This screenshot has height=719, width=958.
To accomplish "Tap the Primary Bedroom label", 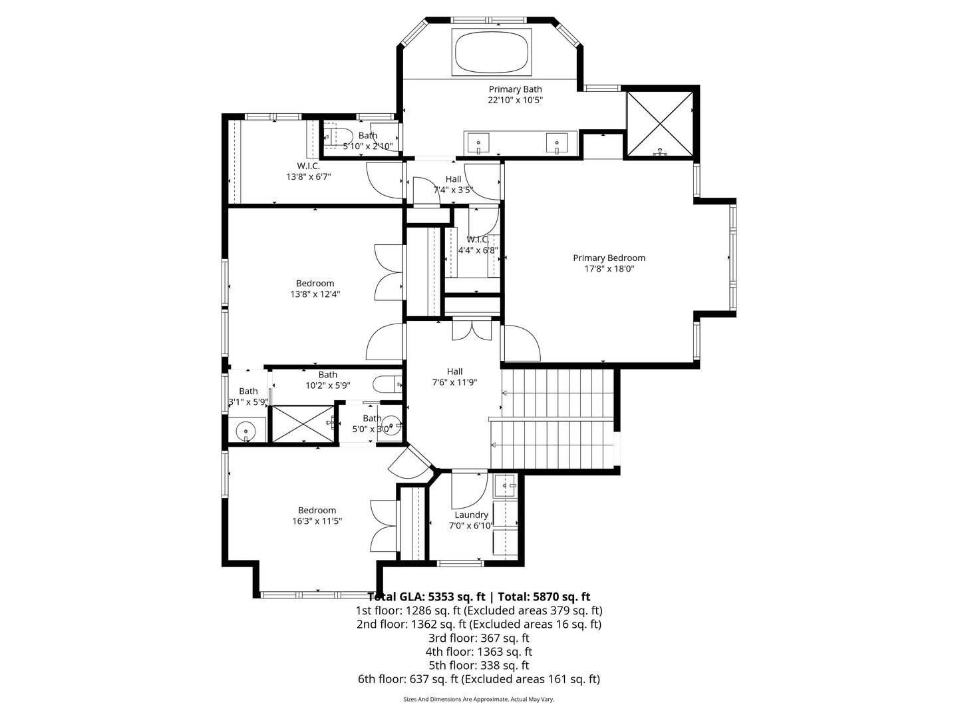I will tap(609, 258).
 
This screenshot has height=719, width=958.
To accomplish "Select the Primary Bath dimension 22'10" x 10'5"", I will tap(515, 101).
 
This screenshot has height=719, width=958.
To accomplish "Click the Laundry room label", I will tap(471, 515).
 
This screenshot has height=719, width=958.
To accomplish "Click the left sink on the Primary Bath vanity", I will tap(478, 142).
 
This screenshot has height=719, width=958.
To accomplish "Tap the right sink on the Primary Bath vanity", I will tap(556, 142).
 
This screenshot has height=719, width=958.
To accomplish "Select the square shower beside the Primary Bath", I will tap(660, 123).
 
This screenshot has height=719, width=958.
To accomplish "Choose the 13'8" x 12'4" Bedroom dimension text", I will tap(315, 294).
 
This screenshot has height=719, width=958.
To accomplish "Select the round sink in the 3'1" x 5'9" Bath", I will tap(247, 431).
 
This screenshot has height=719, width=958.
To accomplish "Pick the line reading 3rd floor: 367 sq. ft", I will tap(478, 638).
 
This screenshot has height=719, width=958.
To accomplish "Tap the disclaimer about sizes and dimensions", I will tap(478, 699).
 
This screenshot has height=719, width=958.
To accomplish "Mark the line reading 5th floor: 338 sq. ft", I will tap(478, 665).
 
